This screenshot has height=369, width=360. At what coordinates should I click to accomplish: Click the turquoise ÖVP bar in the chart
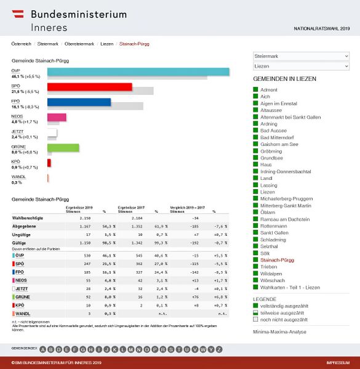pos(138,72)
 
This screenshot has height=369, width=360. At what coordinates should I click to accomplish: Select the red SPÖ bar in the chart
pos(90,87)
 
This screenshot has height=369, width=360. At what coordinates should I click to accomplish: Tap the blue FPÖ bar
pos(79,102)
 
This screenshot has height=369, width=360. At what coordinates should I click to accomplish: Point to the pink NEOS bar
pos(57,117)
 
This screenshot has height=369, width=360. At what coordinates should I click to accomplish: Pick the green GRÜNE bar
pos(63,147)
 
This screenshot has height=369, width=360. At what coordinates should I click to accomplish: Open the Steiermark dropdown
pos(301,56)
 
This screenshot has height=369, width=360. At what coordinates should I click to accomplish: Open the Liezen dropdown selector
pos(301,65)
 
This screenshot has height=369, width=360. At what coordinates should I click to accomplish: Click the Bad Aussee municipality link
pos(274,131)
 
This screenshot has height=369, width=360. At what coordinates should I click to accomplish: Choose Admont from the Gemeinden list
pos(269,90)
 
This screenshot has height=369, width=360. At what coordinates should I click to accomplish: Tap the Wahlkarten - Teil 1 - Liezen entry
pos(291,288)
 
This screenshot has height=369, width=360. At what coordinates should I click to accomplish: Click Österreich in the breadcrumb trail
pos(21,44)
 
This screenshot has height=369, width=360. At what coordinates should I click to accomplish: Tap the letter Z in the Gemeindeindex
pos(218,349)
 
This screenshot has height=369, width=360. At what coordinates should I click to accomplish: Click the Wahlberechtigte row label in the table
pos(28,218)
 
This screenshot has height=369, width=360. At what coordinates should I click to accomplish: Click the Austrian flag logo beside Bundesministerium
pos(19,14)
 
